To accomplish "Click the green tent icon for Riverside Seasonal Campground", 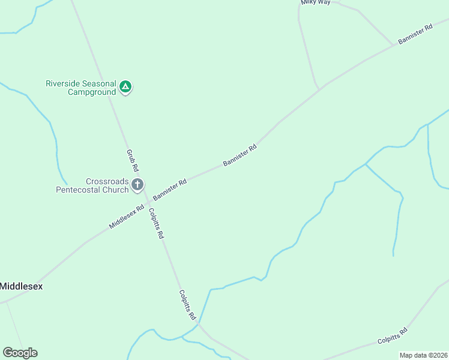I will (125, 87).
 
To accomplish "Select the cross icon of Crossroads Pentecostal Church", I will (137, 185).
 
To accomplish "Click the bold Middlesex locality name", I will (21, 286).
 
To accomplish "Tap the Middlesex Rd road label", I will (127, 217).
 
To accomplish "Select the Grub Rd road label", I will (132, 160).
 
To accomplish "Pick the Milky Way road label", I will (316, 2).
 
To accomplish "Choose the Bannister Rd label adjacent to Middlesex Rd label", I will (170, 189).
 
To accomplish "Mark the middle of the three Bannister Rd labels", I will (240, 154).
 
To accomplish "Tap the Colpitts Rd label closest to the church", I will (155, 223).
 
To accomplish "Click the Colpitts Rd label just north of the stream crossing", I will (187, 305).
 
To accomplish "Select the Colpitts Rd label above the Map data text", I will (393, 336).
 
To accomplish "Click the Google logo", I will (20, 353).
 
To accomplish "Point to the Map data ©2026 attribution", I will (423, 355).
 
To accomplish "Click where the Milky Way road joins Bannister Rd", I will (319, 89).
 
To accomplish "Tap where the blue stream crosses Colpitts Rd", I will (199, 324).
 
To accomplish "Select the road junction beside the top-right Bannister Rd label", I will (394, 44).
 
